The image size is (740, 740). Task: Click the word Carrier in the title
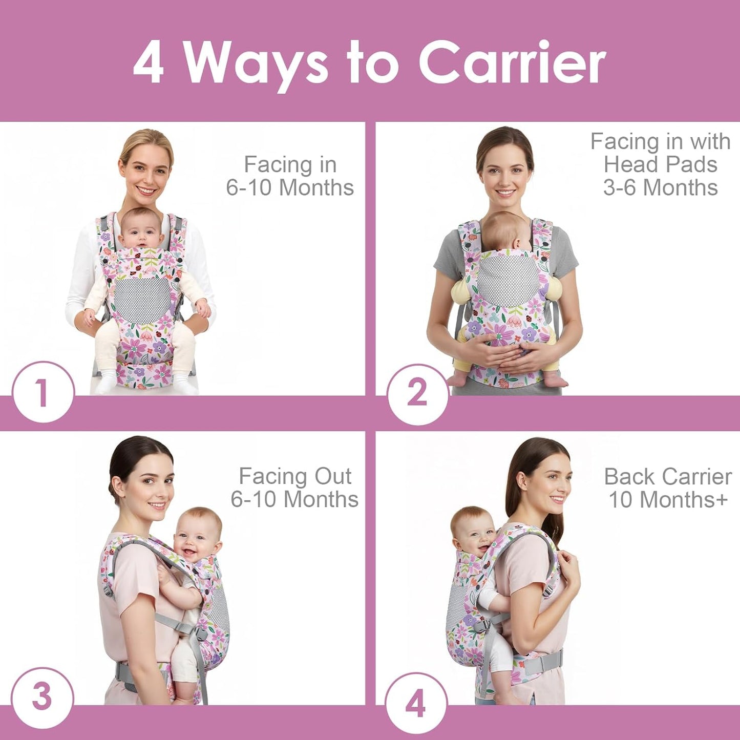tap(512, 62)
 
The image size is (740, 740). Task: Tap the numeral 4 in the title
tap(149, 62)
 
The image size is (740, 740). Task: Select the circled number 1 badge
tap(43, 393)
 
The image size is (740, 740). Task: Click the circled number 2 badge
tap(417, 394)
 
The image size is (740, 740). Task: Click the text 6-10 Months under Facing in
tap(290, 187)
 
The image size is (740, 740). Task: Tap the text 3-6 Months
tap(660, 187)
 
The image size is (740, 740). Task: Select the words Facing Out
tap(295, 476)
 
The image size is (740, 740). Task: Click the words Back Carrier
tap(667, 477)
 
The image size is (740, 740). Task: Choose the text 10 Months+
tap(667, 499)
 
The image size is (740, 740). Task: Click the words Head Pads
tap(660, 164)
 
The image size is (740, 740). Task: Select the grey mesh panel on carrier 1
tap(141, 299)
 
